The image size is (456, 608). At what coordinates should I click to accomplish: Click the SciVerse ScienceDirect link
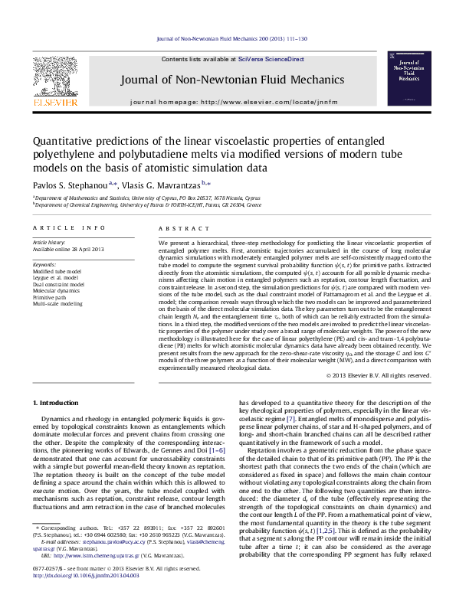[271, 59]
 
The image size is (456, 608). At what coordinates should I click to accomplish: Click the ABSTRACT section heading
[178, 229]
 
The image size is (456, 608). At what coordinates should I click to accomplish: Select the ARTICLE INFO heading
[69, 229]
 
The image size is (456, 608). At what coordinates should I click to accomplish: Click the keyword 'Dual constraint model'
[58, 284]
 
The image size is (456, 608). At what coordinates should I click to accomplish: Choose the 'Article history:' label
[49, 243]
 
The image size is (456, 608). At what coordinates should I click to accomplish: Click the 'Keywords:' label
[44, 264]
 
